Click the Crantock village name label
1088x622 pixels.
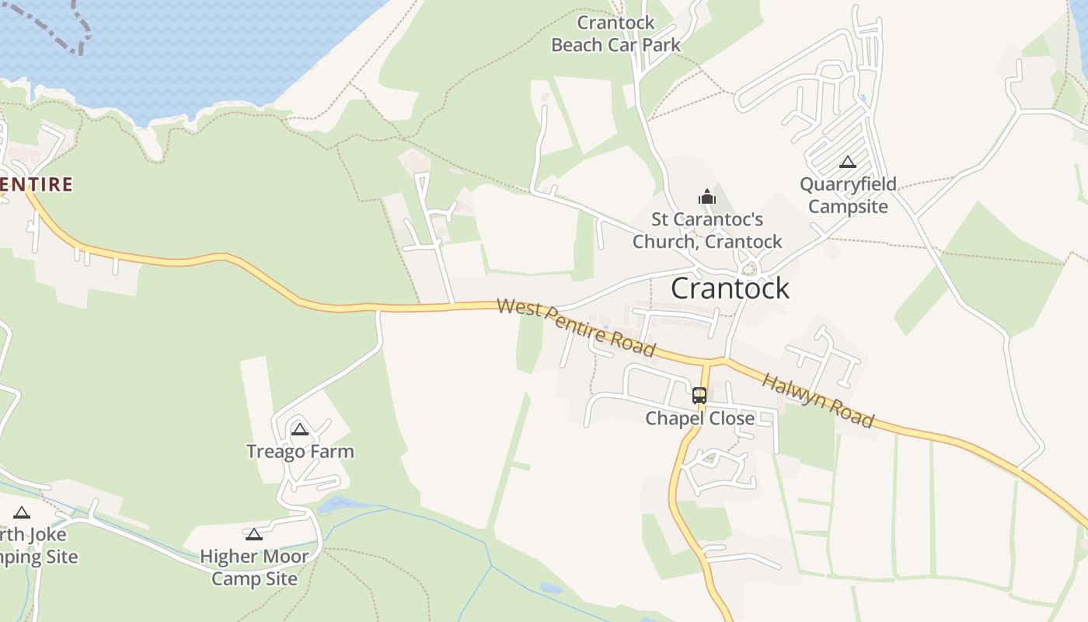point(730,288)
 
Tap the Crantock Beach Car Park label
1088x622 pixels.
point(615,34)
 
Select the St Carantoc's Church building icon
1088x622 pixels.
point(706,197)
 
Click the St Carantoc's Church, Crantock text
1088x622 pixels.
point(707,231)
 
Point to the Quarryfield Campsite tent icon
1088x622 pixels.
point(848,162)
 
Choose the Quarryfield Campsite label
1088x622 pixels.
point(848,195)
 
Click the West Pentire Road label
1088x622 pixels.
point(576,327)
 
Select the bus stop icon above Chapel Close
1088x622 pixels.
point(699,395)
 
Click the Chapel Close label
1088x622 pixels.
point(699,418)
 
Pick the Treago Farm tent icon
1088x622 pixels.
point(300,429)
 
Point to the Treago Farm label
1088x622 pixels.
point(300,452)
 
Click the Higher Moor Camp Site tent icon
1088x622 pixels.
point(253,534)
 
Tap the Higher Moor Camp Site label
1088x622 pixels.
point(254,568)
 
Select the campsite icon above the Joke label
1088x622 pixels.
point(22,512)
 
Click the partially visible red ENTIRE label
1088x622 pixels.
point(37,184)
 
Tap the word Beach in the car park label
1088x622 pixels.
point(576,45)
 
